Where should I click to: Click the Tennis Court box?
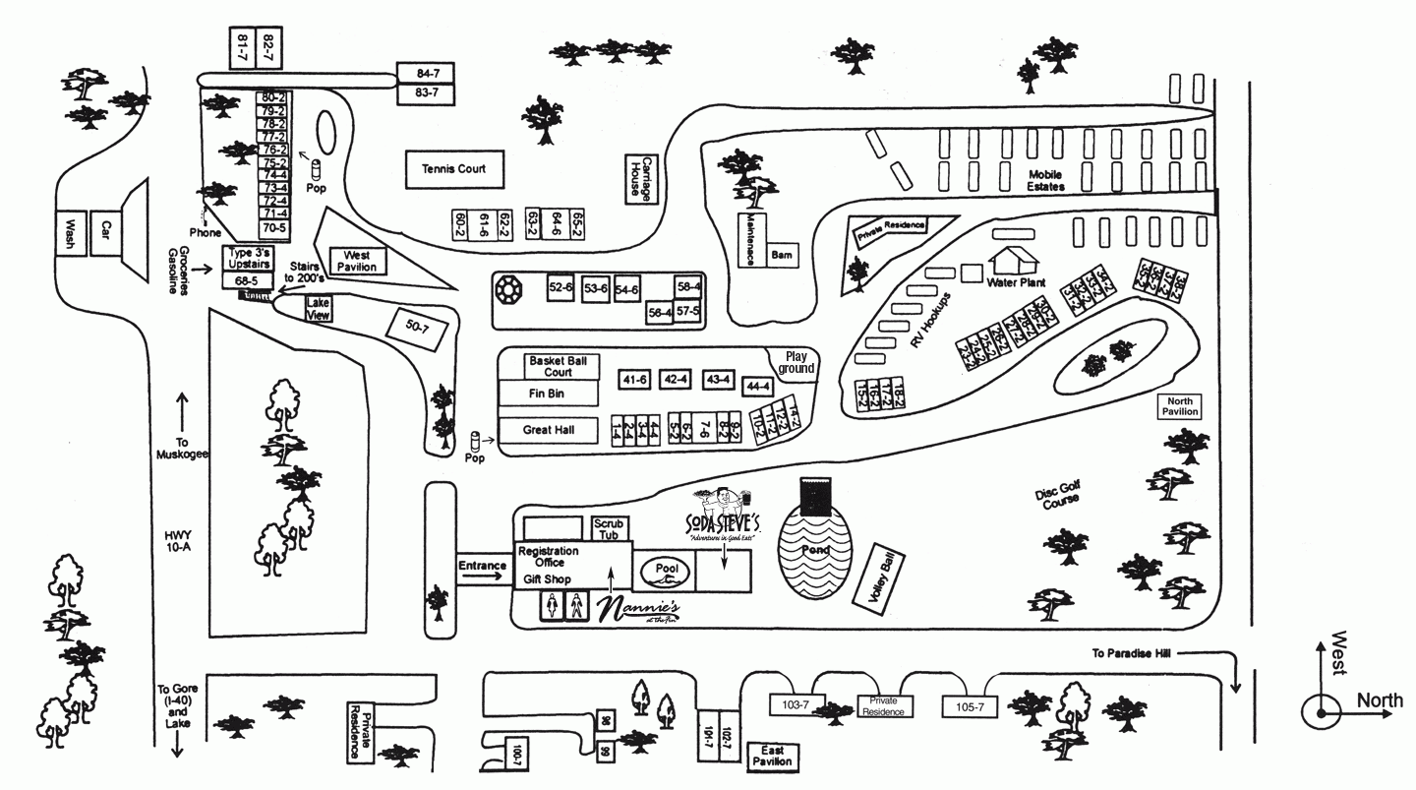click(x=454, y=169)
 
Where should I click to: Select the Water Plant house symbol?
click(x=1014, y=260)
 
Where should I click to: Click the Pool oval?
click(x=666, y=571)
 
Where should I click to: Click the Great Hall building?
click(x=548, y=430)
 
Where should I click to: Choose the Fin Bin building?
click(x=548, y=394)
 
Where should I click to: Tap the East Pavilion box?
click(x=772, y=756)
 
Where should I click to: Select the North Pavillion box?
click(x=1179, y=406)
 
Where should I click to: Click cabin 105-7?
click(x=970, y=706)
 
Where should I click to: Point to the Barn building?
click(x=782, y=255)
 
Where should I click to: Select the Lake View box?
click(x=318, y=309)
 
